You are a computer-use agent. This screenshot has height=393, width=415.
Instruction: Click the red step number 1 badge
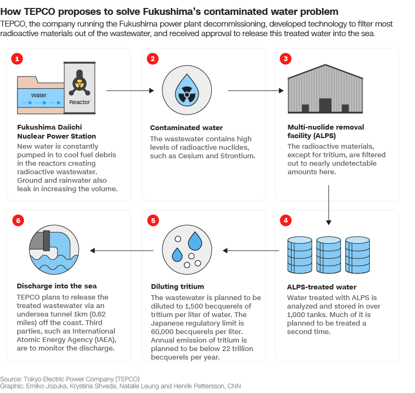(x=18, y=59)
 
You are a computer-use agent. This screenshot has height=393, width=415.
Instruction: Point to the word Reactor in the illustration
(x=80, y=102)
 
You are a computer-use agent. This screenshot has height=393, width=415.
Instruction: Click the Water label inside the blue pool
(x=39, y=96)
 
